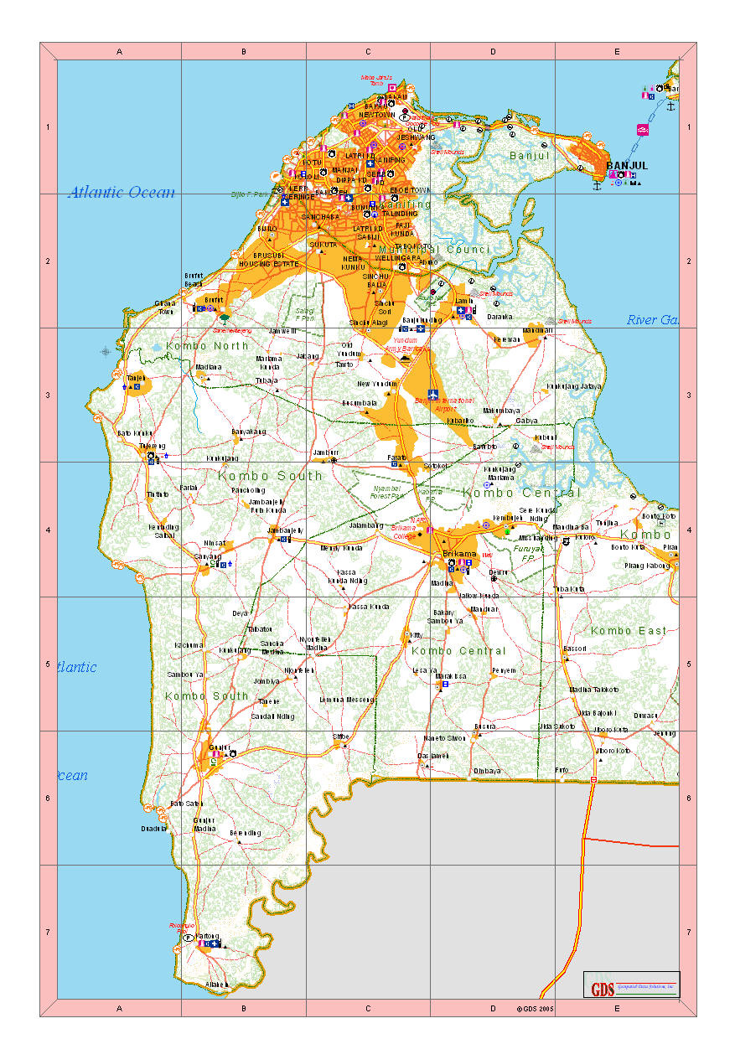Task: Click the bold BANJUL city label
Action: click(x=627, y=165)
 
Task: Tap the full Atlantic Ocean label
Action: click(x=122, y=193)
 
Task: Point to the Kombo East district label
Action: click(x=629, y=630)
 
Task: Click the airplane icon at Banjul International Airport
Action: click(x=432, y=394)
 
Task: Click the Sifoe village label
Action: click(x=341, y=737)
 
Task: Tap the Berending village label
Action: click(x=246, y=833)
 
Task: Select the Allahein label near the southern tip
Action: click(x=217, y=985)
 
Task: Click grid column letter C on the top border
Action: click(x=368, y=52)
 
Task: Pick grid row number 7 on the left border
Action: click(x=49, y=932)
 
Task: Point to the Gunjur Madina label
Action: click(x=204, y=824)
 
